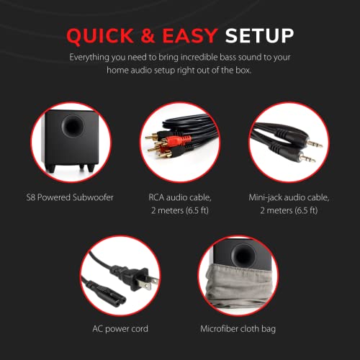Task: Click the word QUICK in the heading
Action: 99,36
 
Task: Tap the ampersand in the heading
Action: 148,35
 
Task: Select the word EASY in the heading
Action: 190,35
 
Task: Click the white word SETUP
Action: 259,35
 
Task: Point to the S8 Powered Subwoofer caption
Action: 70,197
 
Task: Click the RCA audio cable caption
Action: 180,204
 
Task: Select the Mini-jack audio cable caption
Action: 289,204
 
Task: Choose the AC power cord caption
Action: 120,329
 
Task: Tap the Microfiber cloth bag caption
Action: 238,329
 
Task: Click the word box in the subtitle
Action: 243,71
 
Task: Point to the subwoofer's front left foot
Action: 51,168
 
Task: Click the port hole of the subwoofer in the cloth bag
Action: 243,256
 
